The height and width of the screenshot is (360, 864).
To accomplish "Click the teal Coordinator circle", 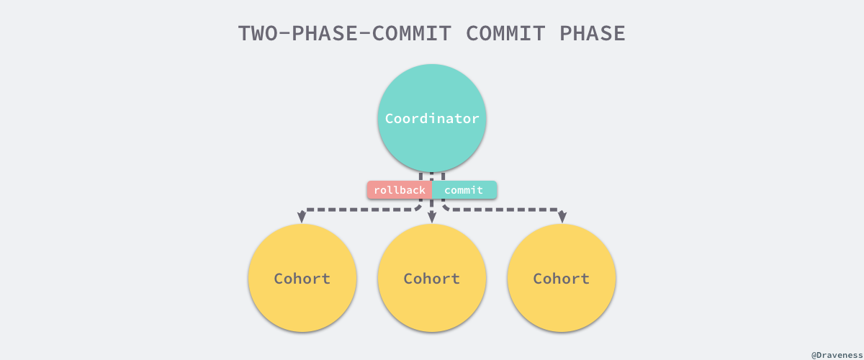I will click(x=432, y=94).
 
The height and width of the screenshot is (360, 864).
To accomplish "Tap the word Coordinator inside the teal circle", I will click(x=432, y=119).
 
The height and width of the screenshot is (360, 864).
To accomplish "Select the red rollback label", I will click(x=399, y=190).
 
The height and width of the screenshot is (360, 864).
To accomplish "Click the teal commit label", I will click(x=464, y=190).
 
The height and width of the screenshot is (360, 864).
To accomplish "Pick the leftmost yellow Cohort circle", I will click(x=302, y=278).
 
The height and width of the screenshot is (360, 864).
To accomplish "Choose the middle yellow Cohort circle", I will click(x=432, y=278).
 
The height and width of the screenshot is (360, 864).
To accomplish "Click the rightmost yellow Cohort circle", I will click(x=562, y=278).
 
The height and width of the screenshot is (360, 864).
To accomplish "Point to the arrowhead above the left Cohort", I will click(x=302, y=217).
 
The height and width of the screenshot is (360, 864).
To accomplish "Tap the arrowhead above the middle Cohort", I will click(x=431, y=217).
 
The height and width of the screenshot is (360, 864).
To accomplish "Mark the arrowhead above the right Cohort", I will click(x=562, y=217).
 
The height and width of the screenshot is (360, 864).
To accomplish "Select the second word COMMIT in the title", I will click(x=506, y=33).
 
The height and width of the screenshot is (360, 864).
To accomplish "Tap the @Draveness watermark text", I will click(x=835, y=355).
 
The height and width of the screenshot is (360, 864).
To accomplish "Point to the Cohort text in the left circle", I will click(x=302, y=279).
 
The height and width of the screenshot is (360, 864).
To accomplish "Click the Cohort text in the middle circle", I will click(x=432, y=279).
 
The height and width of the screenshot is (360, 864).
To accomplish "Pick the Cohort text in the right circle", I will click(x=562, y=279).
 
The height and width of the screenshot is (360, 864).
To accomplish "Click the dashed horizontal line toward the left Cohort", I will click(x=360, y=210).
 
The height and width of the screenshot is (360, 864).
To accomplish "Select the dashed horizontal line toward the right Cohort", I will click(x=504, y=210).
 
